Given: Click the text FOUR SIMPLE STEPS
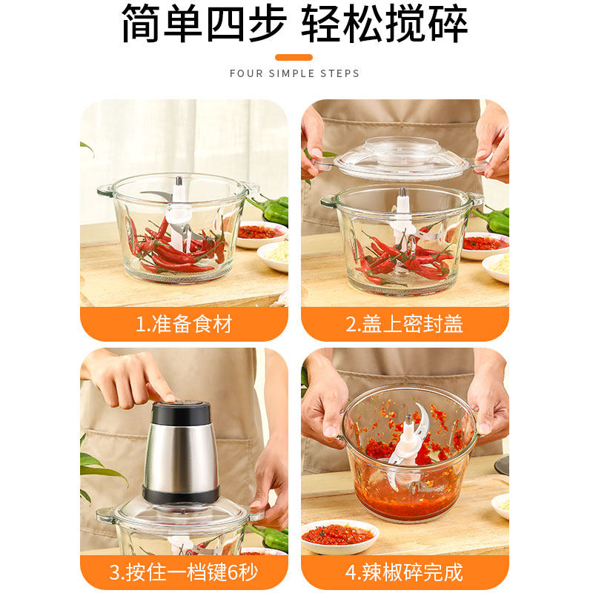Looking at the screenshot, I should pos(294,73).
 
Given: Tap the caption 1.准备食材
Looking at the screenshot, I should pos(184,324).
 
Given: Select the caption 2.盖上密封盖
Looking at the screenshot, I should pos(405,324).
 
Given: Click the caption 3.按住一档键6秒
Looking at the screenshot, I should pos(184,572).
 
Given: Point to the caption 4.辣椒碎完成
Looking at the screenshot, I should pos(405,572).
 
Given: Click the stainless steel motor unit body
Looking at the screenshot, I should pos(180,456).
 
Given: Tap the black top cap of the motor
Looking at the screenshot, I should pos(180,412).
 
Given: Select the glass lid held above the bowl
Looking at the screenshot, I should pos(400,157).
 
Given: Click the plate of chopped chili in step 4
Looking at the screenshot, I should pos(339,534).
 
